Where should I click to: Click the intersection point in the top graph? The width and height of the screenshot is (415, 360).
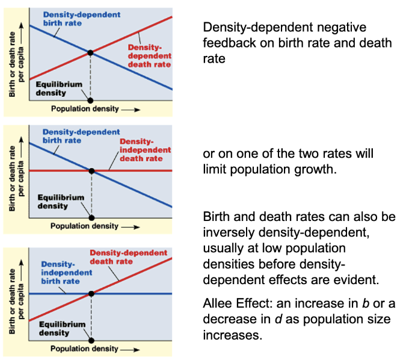point(90,53)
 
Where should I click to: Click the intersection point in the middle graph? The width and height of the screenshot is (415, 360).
point(91,171)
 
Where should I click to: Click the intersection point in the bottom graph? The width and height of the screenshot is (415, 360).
point(91,294)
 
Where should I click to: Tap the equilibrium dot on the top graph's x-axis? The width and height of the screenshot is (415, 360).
point(90,100)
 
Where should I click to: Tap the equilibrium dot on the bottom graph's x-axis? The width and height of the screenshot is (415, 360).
point(91,340)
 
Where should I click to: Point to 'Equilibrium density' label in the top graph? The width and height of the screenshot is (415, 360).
point(58,88)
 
